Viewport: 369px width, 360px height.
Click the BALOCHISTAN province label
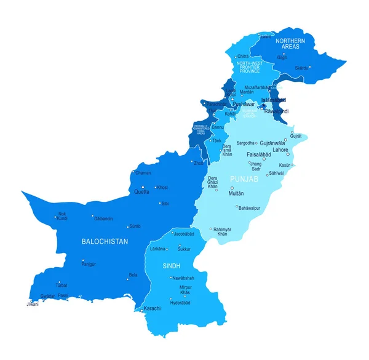click(x=105, y=242)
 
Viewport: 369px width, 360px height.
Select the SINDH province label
click(x=170, y=266)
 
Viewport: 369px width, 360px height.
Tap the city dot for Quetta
click(x=143, y=187)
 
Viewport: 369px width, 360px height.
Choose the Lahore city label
click(x=280, y=150)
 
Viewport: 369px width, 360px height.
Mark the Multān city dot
click(x=232, y=188)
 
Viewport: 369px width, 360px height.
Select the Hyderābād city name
click(x=180, y=303)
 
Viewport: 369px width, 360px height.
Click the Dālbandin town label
click(x=103, y=218)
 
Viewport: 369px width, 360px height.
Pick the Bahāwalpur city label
click(x=249, y=208)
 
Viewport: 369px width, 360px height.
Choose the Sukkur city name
click(x=184, y=249)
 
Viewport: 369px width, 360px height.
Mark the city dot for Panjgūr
click(x=82, y=260)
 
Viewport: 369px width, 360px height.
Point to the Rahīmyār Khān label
click(x=223, y=231)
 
